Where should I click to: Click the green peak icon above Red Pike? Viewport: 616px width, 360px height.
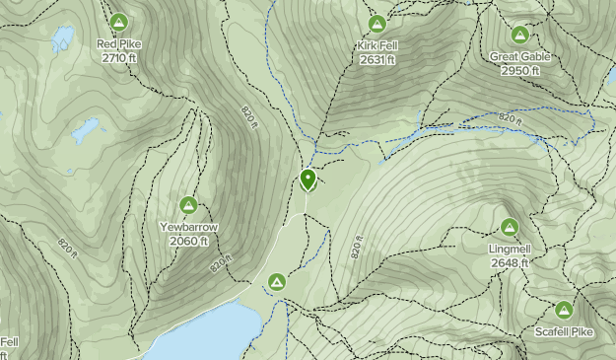(x=118, y=22)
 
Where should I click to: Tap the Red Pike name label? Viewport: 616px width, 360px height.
(x=118, y=44)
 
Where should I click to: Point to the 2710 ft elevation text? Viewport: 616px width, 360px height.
(x=118, y=58)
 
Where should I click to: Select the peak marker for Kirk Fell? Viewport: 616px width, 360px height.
(x=376, y=24)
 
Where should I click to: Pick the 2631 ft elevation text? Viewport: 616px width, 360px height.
(x=376, y=60)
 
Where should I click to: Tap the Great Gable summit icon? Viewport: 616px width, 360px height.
(x=519, y=35)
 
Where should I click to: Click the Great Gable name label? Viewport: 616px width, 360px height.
(x=519, y=57)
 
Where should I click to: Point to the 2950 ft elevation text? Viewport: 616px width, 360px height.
(x=519, y=71)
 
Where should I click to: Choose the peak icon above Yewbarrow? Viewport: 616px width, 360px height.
(x=189, y=205)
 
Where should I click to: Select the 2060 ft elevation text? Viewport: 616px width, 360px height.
(x=189, y=242)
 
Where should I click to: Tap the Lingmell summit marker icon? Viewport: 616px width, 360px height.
(x=510, y=227)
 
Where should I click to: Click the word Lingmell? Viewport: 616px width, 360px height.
(x=510, y=250)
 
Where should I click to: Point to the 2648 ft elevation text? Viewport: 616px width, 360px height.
(x=510, y=263)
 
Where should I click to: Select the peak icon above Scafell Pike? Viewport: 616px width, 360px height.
(x=565, y=310)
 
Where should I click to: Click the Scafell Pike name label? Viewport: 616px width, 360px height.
(x=565, y=332)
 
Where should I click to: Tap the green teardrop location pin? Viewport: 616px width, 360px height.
(x=308, y=180)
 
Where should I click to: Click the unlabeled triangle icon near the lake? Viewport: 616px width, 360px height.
(x=277, y=282)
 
